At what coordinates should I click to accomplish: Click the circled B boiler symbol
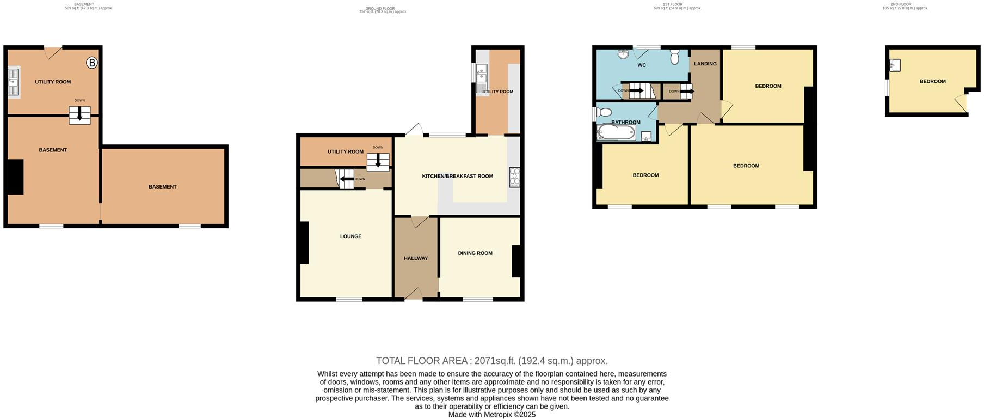coord(92,63)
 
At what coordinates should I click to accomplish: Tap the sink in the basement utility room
coord(14,82)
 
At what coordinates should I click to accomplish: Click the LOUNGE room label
coord(350,236)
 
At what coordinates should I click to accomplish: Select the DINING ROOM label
coord(475,253)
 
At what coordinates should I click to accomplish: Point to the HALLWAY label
coord(416,258)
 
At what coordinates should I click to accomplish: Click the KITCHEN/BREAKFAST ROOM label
coord(458,176)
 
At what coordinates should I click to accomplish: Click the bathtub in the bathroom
coord(616,132)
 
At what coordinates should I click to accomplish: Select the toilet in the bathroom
coord(602,112)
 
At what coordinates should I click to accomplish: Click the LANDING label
coord(705,64)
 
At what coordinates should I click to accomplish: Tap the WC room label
coord(642,65)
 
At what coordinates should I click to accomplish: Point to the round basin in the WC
coord(623,54)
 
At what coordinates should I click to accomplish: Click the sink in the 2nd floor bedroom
coord(895,65)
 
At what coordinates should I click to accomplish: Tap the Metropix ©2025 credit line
coord(491,415)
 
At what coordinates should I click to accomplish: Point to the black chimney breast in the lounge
coord(303,243)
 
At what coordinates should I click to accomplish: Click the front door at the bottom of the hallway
coord(415,294)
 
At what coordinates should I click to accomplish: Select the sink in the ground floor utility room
coord(481,79)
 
